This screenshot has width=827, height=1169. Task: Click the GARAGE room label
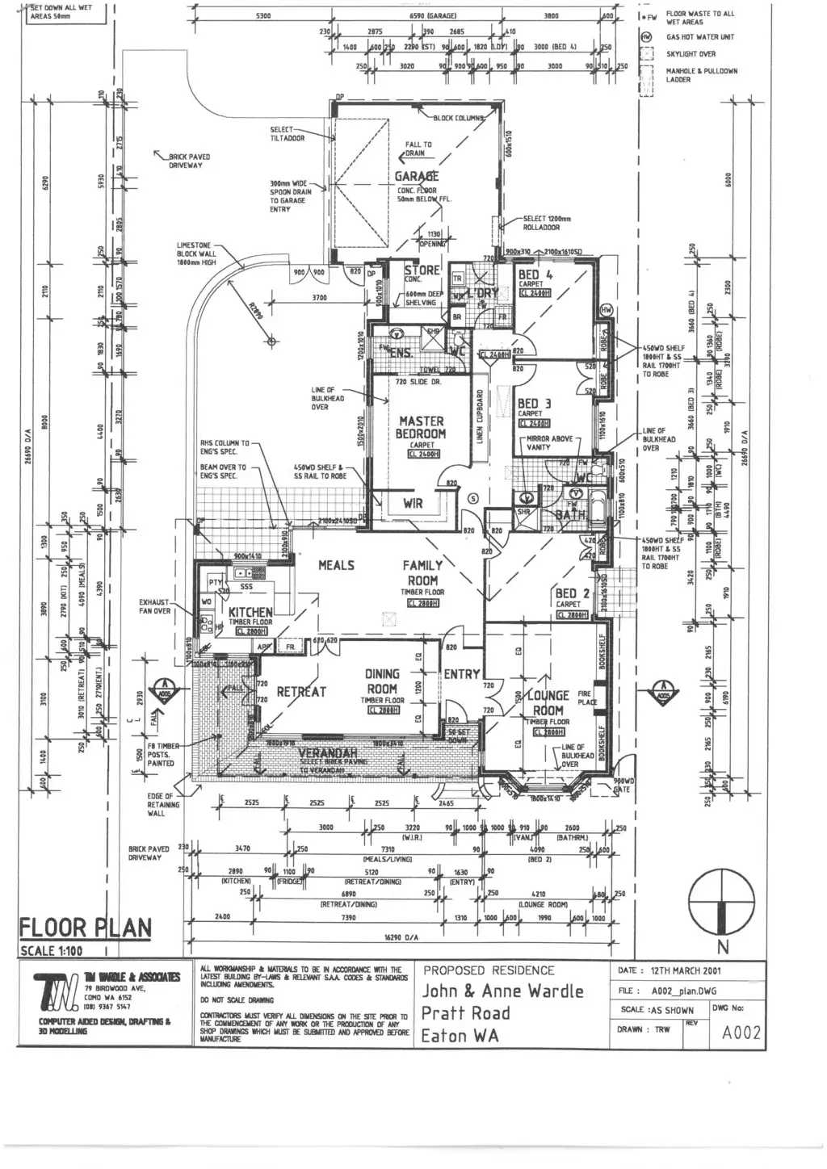tap(417, 176)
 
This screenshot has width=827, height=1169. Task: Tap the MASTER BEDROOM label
tap(421, 427)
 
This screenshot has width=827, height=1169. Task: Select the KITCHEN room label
tap(250, 613)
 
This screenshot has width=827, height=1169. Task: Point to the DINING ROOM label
tap(382, 681)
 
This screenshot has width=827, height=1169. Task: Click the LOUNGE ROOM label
tap(548, 702)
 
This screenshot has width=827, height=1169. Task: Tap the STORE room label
tap(422, 270)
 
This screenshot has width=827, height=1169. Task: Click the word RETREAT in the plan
tap(301, 692)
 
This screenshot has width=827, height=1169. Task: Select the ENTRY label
tap(461, 674)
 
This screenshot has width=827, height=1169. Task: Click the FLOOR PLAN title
tap(85, 928)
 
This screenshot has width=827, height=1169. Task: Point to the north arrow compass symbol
tap(720, 903)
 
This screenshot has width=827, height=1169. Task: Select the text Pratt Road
tap(466, 1013)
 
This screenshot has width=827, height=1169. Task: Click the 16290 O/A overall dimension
tap(401, 938)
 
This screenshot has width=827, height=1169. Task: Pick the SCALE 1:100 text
tap(50, 950)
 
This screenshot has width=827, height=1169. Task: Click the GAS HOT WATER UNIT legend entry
tap(699, 37)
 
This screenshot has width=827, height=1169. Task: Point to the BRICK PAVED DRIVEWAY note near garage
tap(185, 161)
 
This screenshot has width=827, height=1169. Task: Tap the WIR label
tap(413, 504)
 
